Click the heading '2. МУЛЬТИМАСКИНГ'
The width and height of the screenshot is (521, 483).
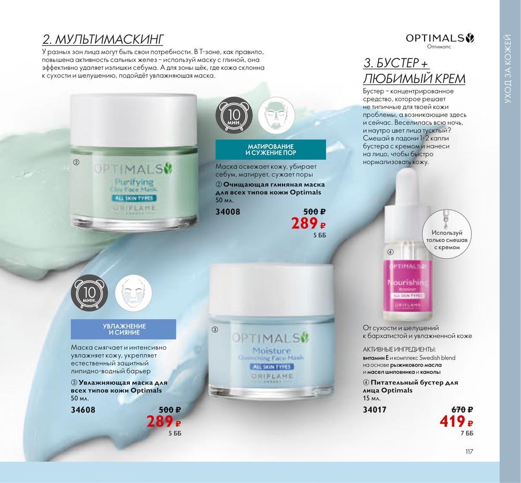coord(103,39)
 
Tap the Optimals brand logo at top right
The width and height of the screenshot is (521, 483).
coord(440,38)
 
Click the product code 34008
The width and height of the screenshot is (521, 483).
coord(228,211)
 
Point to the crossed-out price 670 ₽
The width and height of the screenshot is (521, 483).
coord(462,410)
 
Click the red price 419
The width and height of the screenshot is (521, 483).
coord(456,422)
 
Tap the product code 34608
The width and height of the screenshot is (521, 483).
coord(83,410)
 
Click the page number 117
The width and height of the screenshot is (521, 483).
coord(469,451)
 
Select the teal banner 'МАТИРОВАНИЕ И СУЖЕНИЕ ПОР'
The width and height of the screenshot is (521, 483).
coord(271,150)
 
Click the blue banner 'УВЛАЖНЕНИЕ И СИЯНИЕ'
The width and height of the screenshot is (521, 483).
coord(123,329)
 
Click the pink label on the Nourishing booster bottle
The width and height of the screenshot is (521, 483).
coord(406,286)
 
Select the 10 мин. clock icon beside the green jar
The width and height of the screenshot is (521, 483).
coord(233,116)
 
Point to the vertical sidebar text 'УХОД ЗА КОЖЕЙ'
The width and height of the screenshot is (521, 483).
coord(510,68)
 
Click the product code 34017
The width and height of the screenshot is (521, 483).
coord(375,410)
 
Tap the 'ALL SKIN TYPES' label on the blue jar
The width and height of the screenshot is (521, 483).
coord(271,367)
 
